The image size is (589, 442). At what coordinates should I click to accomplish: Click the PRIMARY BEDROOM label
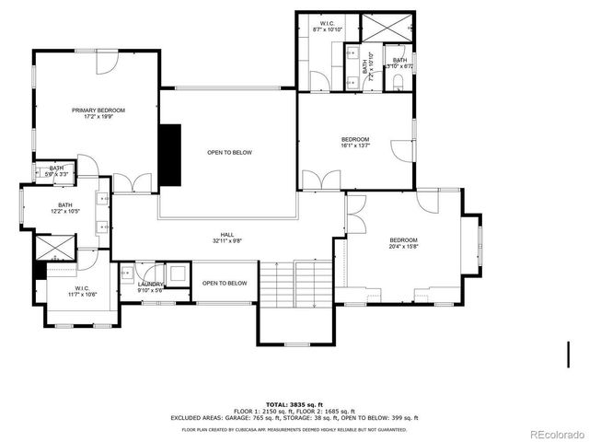tap(98, 110)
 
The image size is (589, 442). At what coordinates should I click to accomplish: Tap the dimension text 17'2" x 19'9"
tap(98, 117)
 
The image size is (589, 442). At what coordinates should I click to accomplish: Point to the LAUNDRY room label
tap(151, 285)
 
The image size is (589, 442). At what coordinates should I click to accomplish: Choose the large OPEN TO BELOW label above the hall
tap(229, 152)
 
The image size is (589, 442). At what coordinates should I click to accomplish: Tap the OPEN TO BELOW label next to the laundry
tap(225, 283)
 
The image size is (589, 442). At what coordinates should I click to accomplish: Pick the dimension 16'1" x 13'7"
tap(355, 145)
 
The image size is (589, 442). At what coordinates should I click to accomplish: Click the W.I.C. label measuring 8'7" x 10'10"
tap(328, 25)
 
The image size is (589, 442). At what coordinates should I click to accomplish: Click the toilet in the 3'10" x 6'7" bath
tap(397, 81)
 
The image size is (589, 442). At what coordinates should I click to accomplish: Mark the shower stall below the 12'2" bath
tap(54, 248)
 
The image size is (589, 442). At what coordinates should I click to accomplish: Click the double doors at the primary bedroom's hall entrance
tap(134, 184)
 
